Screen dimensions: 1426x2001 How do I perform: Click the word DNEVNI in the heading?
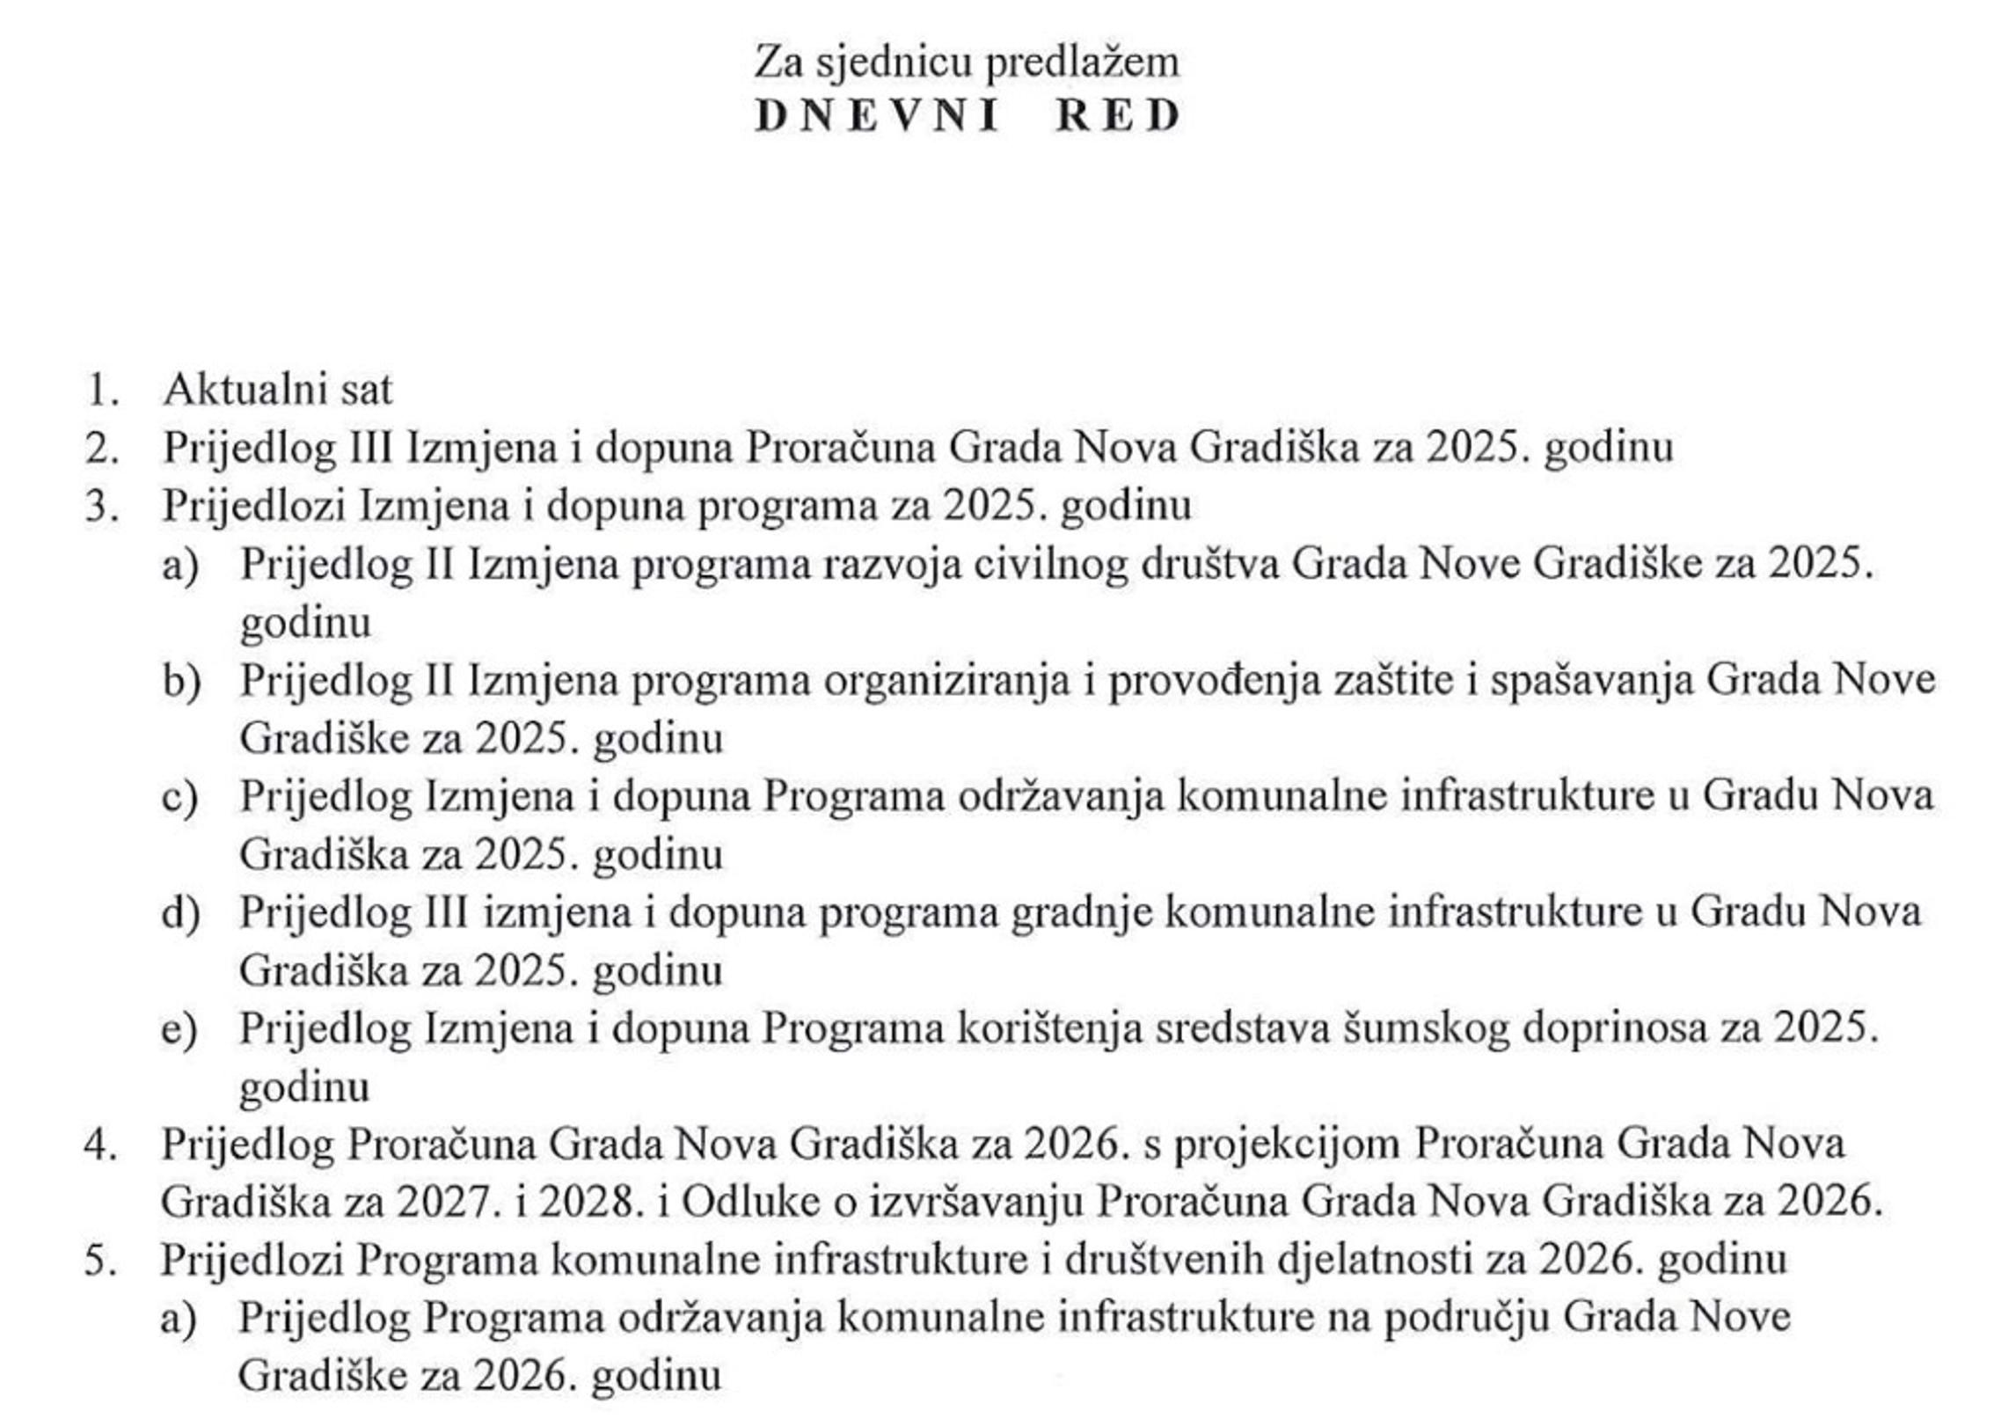pos(877,116)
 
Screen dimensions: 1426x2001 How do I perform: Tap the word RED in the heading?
pos(1118,116)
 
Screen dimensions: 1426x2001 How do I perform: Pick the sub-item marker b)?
pos(180,681)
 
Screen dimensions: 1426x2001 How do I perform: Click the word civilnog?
pos(1050,564)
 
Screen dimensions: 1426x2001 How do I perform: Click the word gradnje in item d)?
pos(1081,913)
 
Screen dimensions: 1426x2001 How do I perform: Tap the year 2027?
pos(442,1203)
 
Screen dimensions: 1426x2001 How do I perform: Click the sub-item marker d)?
pos(180,913)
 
